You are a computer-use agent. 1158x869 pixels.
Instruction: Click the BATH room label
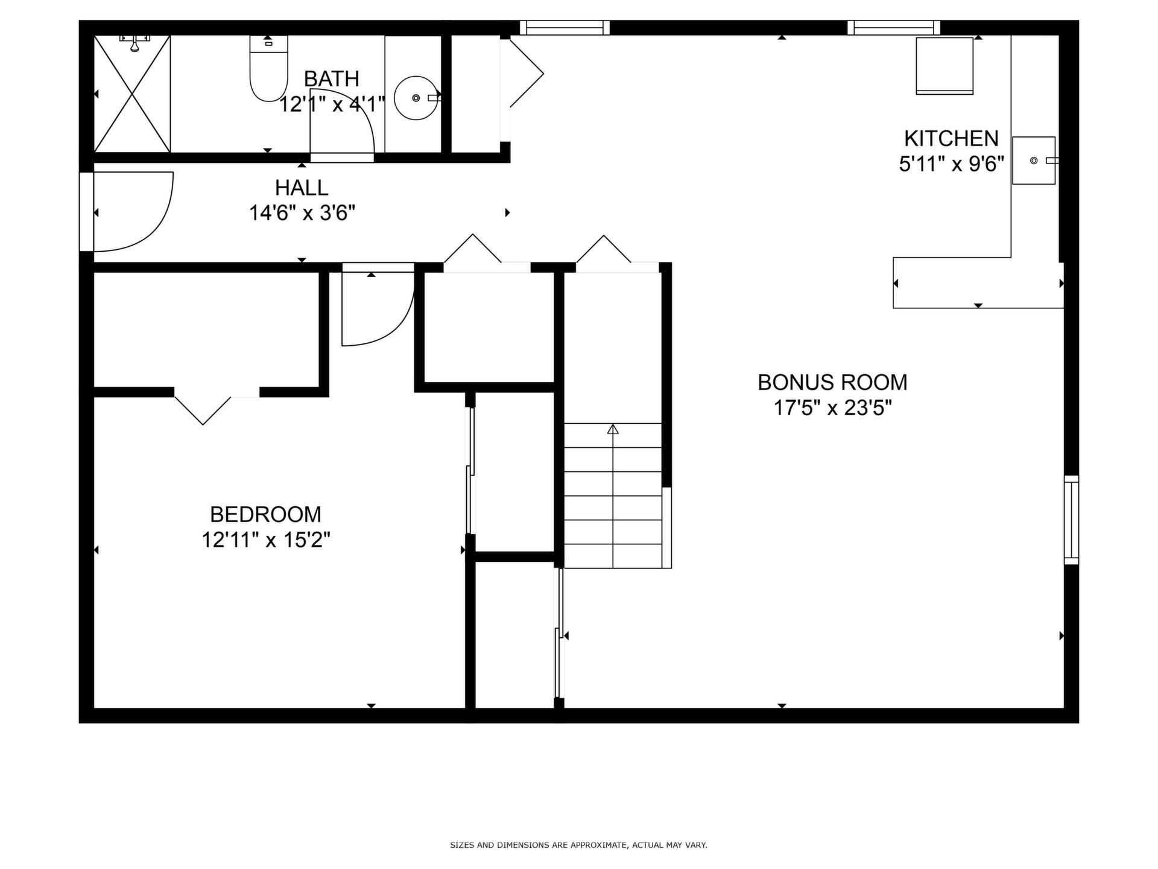[x=331, y=79]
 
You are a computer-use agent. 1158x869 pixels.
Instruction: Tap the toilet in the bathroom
[x=268, y=68]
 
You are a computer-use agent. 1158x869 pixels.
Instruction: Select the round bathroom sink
[x=416, y=98]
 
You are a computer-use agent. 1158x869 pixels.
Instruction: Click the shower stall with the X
[x=132, y=94]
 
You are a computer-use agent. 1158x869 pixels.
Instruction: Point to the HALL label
[x=302, y=188]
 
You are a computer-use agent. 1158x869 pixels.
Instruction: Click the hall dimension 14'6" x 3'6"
[x=302, y=213]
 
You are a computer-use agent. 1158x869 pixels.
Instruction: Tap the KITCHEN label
[x=951, y=139]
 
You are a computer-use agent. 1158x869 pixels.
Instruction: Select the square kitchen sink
[x=1034, y=161]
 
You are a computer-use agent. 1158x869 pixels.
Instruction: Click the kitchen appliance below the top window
[x=944, y=66]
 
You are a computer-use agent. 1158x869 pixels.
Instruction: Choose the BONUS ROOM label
[x=832, y=383]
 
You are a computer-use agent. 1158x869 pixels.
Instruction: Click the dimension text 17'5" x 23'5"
[x=832, y=409]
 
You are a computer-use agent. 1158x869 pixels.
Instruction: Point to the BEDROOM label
[x=265, y=514]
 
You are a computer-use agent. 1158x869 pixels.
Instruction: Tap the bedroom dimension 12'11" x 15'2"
[x=265, y=540]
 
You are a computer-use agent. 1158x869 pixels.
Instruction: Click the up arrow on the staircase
[x=613, y=430]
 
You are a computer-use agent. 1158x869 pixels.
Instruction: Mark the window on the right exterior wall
[x=1071, y=520]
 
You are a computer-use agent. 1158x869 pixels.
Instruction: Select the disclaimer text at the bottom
[x=578, y=845]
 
